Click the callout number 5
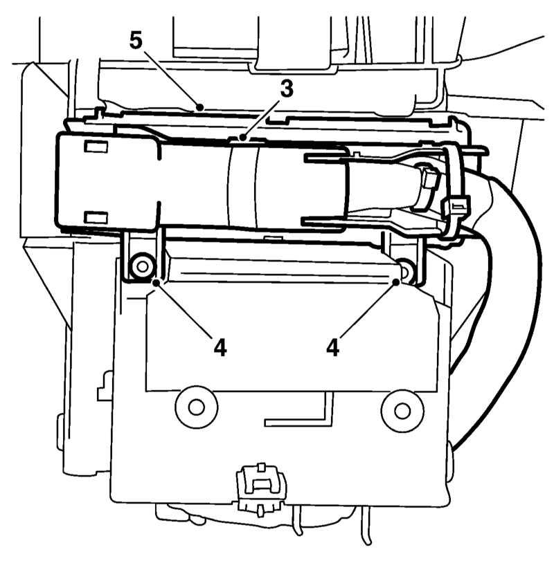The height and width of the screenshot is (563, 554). pos(136,41)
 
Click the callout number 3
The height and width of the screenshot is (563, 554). pos(287,89)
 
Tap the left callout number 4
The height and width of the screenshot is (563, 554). pos(220,348)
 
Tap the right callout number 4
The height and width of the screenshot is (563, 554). pos(333,348)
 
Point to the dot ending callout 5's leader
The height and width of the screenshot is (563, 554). pos(199,107)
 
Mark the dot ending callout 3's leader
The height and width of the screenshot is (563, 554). pos(243,137)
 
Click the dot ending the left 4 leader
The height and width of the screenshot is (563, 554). pos(157,283)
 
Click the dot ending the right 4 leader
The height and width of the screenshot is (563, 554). pos(396,282)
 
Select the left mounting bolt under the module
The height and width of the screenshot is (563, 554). pos(143,266)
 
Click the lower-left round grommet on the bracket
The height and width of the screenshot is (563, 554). pos(196,407)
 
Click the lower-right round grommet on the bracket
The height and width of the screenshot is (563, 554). pos(402,410)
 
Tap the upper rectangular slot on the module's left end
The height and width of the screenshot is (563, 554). pos(96,147)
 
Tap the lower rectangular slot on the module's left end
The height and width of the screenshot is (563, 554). pos(96,217)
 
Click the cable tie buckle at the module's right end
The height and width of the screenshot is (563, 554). pos(456,206)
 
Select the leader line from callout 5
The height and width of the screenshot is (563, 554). pos(172,79)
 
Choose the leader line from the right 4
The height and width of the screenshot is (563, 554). pos(367,309)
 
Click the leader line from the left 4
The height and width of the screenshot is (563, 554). pos(184,310)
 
